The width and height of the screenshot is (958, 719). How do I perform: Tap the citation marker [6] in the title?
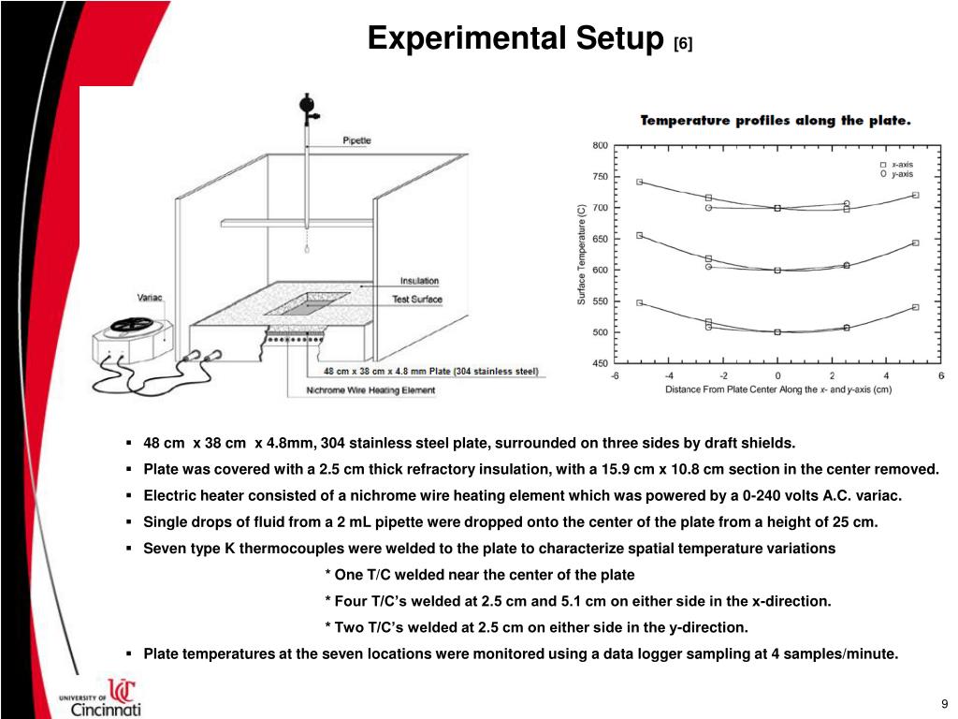click(x=683, y=43)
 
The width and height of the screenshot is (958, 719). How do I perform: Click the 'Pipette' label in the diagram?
click(x=356, y=140)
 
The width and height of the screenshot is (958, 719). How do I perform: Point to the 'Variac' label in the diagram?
click(x=150, y=298)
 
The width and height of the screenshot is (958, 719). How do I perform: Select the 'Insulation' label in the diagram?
click(x=419, y=281)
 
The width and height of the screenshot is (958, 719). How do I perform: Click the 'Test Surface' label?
click(x=416, y=300)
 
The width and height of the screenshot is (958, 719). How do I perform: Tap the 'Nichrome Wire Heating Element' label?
click(x=370, y=389)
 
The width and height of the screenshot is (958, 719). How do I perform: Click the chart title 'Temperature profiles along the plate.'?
click(x=775, y=121)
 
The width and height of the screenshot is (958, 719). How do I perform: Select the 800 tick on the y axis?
click(x=600, y=145)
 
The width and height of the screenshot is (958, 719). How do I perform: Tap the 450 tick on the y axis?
click(x=600, y=363)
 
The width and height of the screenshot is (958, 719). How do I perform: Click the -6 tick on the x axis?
click(x=614, y=375)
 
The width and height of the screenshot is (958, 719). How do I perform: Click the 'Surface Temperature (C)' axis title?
click(x=581, y=254)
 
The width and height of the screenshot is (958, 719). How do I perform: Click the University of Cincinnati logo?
click(x=101, y=697)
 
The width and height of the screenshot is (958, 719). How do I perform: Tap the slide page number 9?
click(x=945, y=704)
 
